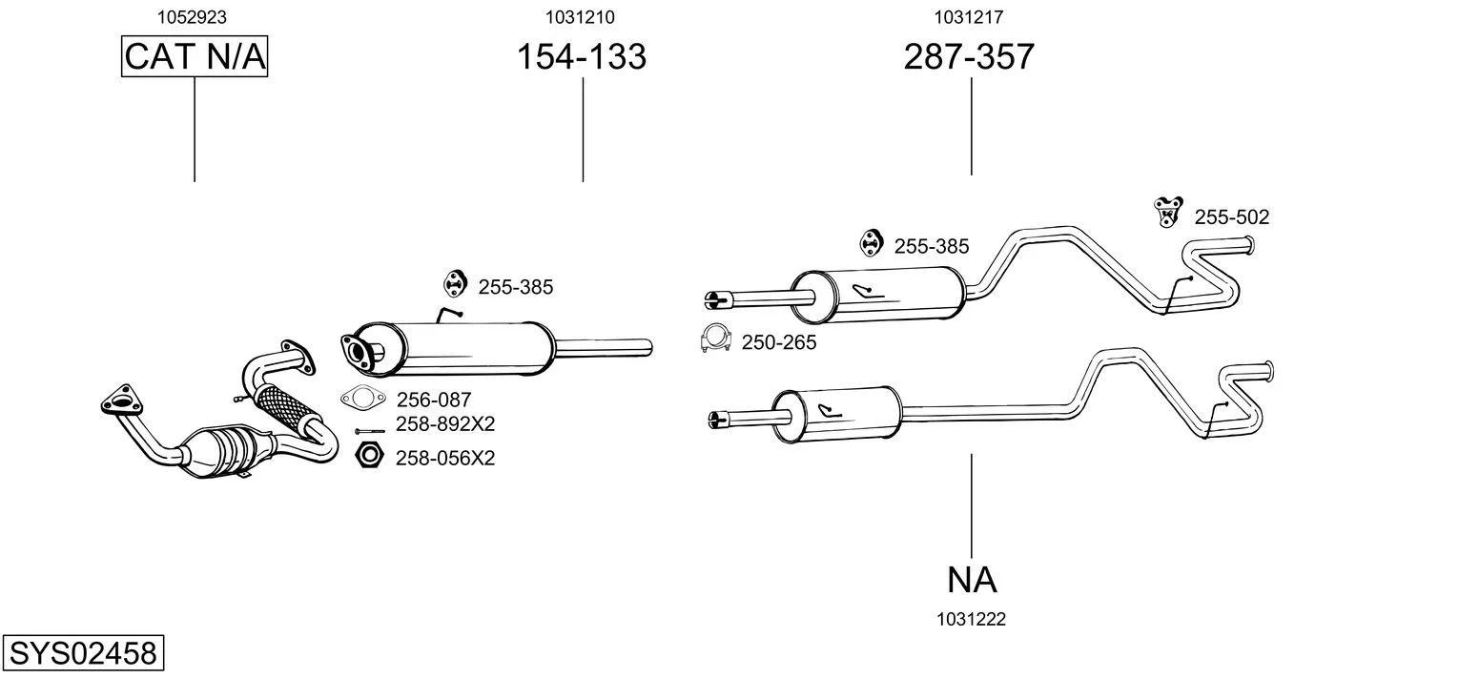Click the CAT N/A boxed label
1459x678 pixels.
point(195,57)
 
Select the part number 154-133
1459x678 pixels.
point(581,57)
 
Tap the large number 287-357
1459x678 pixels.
point(968,57)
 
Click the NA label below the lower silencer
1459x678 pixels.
point(972,579)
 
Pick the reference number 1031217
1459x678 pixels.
point(968,16)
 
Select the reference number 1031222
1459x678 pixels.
point(972,620)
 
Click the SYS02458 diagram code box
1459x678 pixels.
point(82,654)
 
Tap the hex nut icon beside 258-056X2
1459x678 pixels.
point(368,456)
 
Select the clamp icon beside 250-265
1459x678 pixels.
point(715,339)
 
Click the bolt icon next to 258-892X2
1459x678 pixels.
point(369,431)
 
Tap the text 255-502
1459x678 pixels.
point(1231,217)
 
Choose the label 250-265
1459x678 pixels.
point(778,342)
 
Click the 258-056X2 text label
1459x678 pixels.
point(444,459)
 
